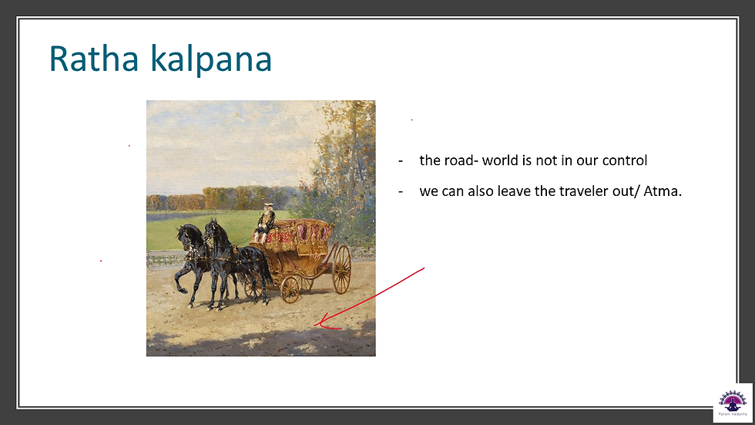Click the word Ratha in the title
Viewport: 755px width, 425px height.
tap(94, 59)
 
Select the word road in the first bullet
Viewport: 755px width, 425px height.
tap(459, 160)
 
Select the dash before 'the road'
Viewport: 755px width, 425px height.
tap(401, 161)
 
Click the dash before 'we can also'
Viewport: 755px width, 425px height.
tap(401, 192)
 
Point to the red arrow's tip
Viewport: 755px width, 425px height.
tap(315, 325)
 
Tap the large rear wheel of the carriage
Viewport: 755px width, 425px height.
tap(341, 269)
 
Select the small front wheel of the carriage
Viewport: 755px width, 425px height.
tap(290, 289)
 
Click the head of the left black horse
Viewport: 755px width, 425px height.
tap(184, 234)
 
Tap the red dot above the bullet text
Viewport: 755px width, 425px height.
tap(411, 120)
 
